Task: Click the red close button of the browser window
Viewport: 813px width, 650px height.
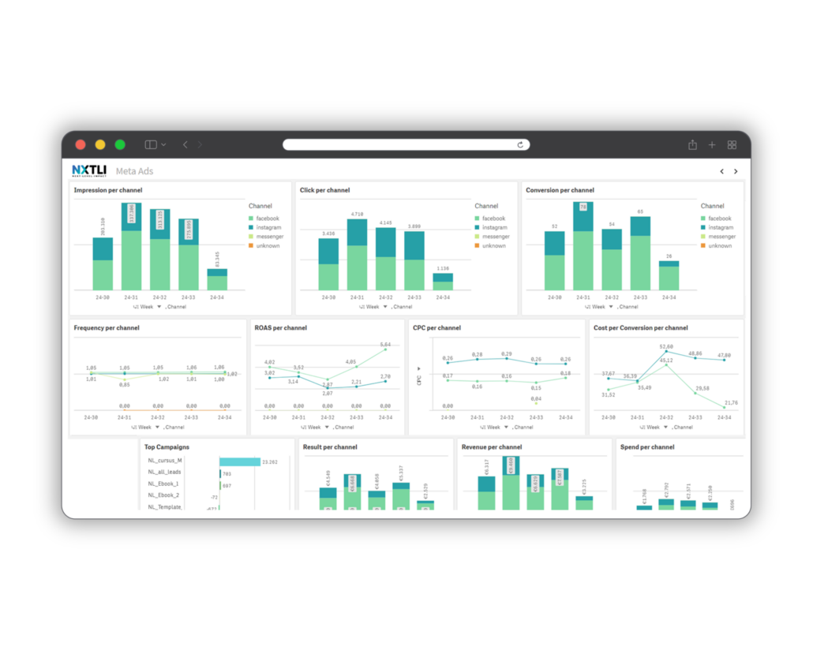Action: click(x=80, y=144)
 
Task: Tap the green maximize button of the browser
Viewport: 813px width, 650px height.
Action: click(x=120, y=144)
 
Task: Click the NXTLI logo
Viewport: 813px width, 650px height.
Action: click(x=89, y=170)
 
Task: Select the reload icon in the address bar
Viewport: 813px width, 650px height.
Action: click(x=520, y=144)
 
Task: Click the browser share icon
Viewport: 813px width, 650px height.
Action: click(x=692, y=144)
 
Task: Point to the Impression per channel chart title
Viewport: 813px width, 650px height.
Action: click(x=108, y=190)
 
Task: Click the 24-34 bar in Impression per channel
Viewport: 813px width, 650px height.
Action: click(x=217, y=279)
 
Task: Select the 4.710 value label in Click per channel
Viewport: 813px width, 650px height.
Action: click(x=357, y=214)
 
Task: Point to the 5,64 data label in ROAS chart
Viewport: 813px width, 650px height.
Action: click(x=385, y=345)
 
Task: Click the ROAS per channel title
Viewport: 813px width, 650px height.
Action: click(x=280, y=327)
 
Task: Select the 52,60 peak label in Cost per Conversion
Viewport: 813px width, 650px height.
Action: click(x=666, y=346)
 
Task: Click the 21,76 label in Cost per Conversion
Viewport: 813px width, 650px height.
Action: click(x=731, y=402)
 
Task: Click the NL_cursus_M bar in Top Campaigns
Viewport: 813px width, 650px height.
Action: click(x=239, y=461)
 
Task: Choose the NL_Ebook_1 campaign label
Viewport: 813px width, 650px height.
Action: click(x=163, y=484)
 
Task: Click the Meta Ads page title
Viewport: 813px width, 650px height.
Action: click(x=134, y=171)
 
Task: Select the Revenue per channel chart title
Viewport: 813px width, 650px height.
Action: click(x=492, y=446)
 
